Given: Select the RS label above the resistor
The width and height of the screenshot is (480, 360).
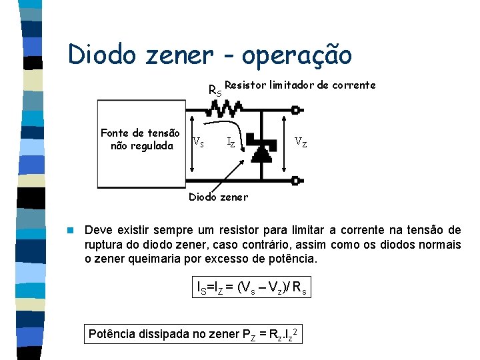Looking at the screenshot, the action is coord(215,90).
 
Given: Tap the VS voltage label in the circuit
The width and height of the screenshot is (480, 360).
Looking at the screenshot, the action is coord(198,141).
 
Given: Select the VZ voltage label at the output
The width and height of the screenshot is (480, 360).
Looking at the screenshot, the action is coord(301,141).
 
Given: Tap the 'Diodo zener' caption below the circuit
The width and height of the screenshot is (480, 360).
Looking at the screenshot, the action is coord(218,197).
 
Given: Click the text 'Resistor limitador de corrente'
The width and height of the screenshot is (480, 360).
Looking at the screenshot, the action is coord(300,85).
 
